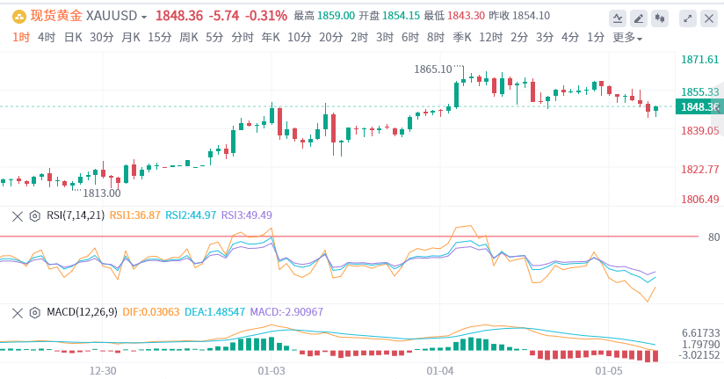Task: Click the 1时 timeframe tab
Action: pos(21,37)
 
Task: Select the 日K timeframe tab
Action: pos(73,37)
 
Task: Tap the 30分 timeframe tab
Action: pos(102,37)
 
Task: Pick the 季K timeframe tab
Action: pos(463,37)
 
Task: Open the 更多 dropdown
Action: pos(627,37)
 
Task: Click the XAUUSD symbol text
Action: pos(119,16)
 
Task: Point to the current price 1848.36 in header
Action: pos(179,16)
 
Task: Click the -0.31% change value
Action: pos(265,16)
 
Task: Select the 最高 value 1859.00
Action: pos(337,16)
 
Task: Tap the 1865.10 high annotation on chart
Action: pos(433,69)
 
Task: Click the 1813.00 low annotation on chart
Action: pos(102,193)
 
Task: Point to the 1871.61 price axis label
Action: pos(700,60)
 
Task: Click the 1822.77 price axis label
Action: pos(700,169)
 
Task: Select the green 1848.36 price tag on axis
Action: pos(699,107)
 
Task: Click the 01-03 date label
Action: pos(272,371)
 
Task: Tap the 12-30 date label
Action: pos(103,371)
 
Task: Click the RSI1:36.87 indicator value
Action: pos(135,215)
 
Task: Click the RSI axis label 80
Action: pos(713,237)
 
